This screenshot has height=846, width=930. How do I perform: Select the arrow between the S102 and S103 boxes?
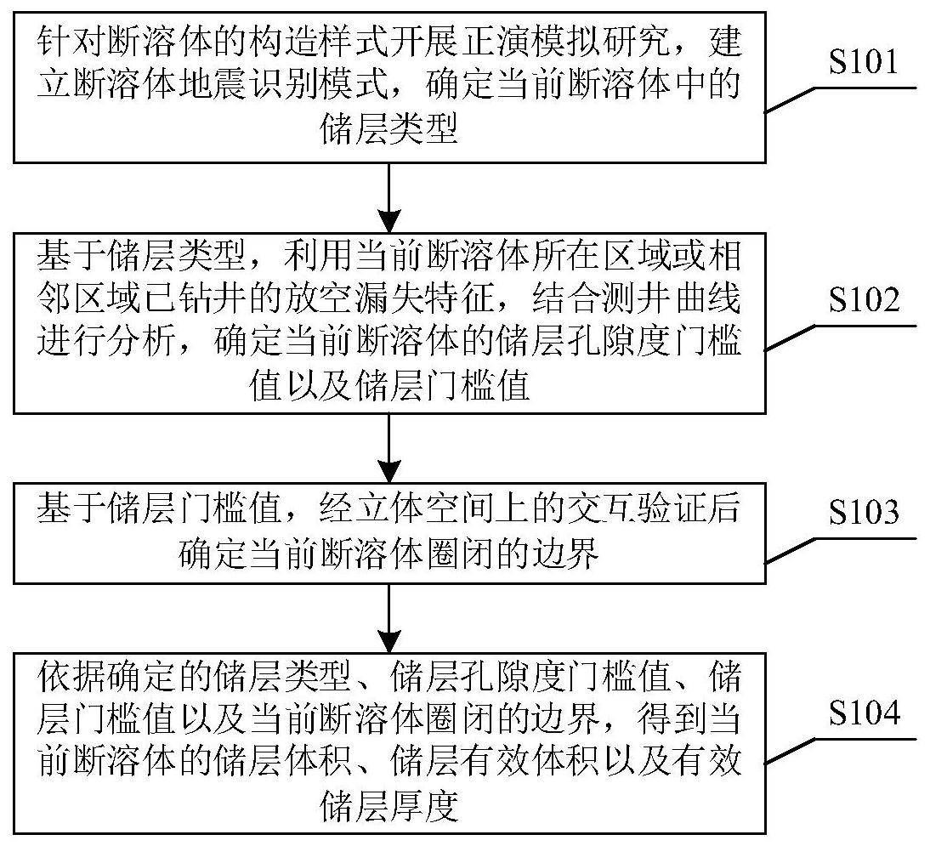388,447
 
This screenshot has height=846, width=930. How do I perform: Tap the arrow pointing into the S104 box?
388,617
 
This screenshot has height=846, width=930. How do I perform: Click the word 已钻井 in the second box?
257,299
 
